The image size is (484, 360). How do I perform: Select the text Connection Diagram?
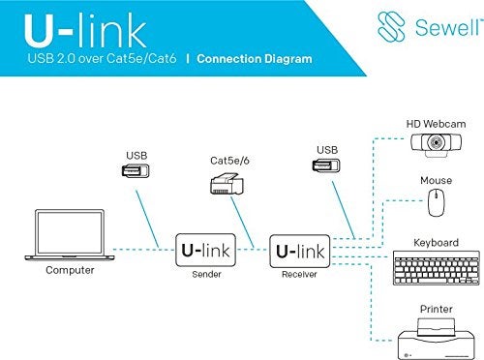pos(255,59)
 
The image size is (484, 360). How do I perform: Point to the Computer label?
pos(71,270)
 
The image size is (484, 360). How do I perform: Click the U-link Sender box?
pos(204,251)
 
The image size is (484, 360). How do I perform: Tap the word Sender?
pos(204,274)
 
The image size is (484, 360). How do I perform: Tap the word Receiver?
pos(299,274)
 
